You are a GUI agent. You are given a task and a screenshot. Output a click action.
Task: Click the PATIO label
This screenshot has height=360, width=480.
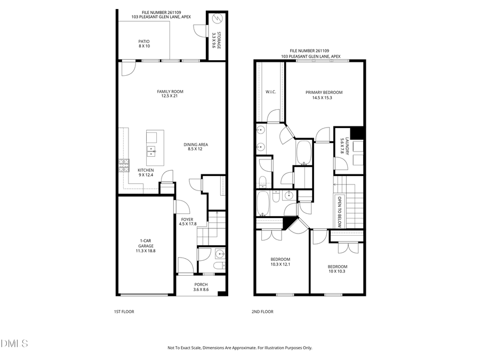point(144,44)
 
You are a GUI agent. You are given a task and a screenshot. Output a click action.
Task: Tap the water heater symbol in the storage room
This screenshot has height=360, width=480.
point(216,20)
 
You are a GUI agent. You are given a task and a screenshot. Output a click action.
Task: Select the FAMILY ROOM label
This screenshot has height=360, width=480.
point(170,94)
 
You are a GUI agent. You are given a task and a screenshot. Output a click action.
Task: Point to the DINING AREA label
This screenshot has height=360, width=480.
point(196,147)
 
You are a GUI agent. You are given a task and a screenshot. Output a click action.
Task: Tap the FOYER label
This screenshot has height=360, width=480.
point(187,222)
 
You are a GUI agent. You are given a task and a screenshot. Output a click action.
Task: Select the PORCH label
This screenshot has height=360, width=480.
point(201,287)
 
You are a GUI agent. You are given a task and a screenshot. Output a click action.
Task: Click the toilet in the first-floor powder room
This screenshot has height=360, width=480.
point(219,266)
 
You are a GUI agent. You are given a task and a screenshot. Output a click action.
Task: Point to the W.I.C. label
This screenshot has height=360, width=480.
point(270,91)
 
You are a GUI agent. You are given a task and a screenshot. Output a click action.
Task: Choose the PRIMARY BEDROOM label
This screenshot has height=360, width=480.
point(324,94)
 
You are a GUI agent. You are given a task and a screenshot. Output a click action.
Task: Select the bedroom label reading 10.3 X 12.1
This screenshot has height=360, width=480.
point(280,261)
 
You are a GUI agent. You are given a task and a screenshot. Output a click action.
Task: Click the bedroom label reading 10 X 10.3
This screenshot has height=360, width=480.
point(337,269)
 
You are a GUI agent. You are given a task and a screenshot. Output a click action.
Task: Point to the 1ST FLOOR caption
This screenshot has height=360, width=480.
point(124,311)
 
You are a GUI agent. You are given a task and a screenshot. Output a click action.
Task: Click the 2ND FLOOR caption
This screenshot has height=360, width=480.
point(262,311)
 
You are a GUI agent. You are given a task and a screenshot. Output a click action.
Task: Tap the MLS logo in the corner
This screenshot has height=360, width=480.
point(14,342)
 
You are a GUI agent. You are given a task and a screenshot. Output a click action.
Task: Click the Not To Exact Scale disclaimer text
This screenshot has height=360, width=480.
point(240,348)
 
